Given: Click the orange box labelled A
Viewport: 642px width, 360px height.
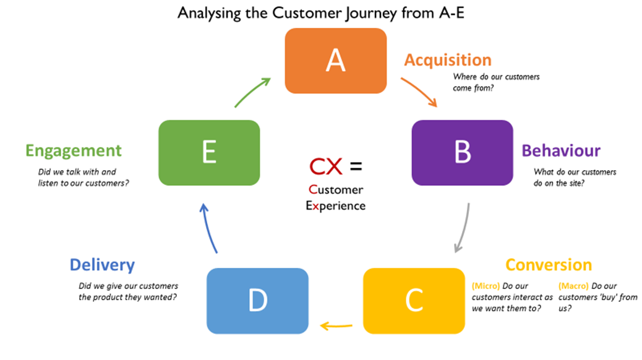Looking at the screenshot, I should coord(335,61).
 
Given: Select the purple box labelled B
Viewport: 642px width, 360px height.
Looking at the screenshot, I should coord(462,152).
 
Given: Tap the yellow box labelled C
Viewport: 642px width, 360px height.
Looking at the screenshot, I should coord(413,300).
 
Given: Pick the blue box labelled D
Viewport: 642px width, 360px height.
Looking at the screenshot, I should coord(257,300).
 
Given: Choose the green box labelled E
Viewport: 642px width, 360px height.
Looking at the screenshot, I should coord(209,152).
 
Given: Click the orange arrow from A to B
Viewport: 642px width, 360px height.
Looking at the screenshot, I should coord(419,91).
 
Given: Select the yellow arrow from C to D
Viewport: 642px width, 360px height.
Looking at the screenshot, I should coord(336,324).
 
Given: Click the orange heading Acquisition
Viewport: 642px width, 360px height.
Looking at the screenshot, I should coord(448,60).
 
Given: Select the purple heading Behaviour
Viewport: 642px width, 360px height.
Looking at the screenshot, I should coord(561,151).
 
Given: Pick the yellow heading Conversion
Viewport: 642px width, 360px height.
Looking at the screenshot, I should coord(548,265).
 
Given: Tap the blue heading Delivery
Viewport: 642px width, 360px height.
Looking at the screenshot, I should coord(102,265).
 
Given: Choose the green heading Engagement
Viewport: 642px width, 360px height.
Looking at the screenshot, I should coord(74,150).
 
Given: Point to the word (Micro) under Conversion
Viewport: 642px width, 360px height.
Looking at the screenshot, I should coord(486,286).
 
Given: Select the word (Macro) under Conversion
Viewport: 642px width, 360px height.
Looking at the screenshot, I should coord(573,286).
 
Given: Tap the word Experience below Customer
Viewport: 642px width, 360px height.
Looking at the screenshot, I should coord(335,205).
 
